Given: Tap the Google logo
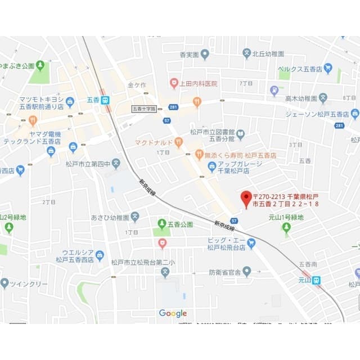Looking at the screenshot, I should click(x=173, y=313).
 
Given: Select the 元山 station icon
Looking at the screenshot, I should click(x=317, y=280).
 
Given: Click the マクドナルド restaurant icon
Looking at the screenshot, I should click(x=178, y=142).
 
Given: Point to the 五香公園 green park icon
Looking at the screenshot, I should click(x=162, y=224).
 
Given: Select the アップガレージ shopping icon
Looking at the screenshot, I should click(x=212, y=166).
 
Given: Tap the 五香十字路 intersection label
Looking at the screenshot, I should click(x=144, y=108).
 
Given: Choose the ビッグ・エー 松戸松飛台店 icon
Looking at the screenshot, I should click(x=251, y=243).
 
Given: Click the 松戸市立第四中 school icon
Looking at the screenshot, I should click(x=116, y=164).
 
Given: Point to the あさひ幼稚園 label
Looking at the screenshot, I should click(x=110, y=217).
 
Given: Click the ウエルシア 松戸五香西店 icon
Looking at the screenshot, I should click(x=100, y=255).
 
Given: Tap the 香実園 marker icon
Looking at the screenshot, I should click(x=205, y=54).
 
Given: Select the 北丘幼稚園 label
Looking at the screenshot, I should click(x=268, y=53).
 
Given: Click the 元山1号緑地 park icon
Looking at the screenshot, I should click(x=286, y=227).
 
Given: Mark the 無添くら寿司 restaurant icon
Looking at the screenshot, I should click(x=199, y=154).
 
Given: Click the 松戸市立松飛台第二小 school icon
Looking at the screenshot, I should click(x=165, y=273).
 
